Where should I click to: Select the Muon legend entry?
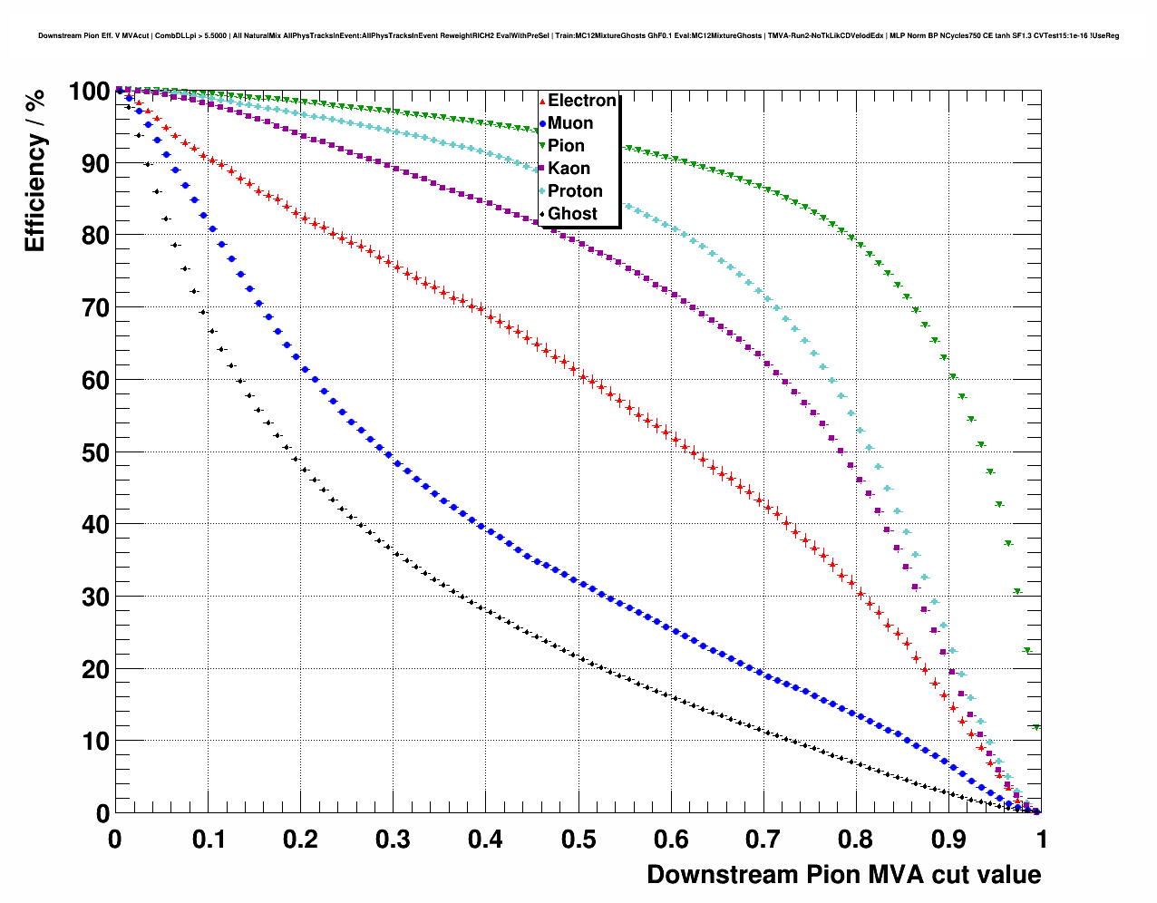[569, 123]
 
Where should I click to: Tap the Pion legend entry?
[565, 146]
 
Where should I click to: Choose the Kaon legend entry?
[568, 169]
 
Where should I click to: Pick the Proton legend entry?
[574, 191]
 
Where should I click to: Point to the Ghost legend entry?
[572, 214]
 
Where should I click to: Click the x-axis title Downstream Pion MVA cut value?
[843, 875]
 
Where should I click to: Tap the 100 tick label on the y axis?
[89, 92]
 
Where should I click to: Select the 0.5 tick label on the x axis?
[578, 839]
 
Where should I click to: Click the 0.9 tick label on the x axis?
[949, 839]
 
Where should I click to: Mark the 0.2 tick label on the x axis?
[300, 839]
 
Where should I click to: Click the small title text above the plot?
[578, 36]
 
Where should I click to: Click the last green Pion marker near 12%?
[1035, 727]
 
